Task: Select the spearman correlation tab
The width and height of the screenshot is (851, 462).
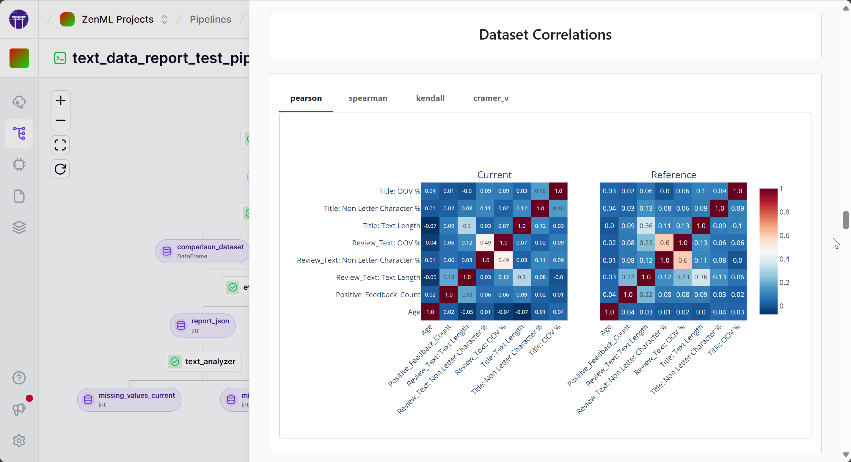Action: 368,98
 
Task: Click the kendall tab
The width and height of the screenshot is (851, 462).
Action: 430,98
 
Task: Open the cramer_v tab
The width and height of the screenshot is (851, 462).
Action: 491,98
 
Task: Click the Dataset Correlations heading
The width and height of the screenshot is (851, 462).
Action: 545,35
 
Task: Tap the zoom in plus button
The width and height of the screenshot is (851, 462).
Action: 60,101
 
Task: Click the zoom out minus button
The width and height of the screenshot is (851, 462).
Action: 60,120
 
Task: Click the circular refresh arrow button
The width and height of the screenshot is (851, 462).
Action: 60,169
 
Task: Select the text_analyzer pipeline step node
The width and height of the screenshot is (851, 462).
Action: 203,361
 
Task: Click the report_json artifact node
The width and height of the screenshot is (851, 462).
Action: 203,325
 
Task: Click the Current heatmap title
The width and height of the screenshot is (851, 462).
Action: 494,175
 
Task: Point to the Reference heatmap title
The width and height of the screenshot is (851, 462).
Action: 673,175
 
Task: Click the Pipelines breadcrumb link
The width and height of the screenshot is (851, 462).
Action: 210,19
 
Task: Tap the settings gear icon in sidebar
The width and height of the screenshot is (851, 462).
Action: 19,441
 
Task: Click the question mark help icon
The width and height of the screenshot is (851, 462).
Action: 19,378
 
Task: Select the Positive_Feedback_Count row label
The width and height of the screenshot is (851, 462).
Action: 378,295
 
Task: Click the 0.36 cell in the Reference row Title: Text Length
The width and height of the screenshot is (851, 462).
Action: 646,226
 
